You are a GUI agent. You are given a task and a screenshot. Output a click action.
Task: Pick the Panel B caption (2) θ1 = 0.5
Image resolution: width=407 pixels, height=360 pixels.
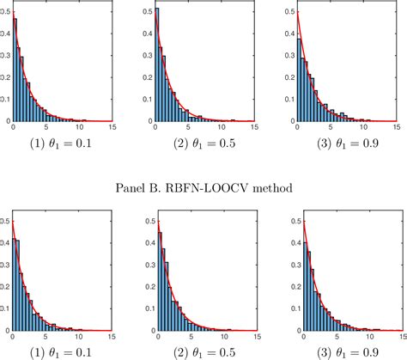click(x=203, y=350)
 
